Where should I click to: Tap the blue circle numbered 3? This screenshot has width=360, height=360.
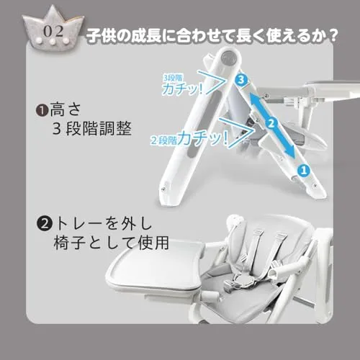pos(241,79)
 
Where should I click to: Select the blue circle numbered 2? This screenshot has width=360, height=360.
pos(271,123)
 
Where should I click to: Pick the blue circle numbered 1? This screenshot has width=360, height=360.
pos(304,170)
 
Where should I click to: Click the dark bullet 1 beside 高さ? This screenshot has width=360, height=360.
pos(42,110)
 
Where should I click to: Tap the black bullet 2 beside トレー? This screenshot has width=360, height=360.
pos(45,224)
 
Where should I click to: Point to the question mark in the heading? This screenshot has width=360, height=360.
pos(332,35)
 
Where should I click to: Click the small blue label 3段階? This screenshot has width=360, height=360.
pos(173,78)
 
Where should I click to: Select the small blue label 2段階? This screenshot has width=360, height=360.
pos(163,140)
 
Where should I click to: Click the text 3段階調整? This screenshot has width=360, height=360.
pos(92,129)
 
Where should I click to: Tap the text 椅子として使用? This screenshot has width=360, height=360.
pos(112,243)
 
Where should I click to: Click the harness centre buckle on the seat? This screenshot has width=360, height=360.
pos(241,281)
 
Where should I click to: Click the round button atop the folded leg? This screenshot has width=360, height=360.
pos(229,58)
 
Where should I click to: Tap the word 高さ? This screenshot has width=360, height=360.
pos(66,110)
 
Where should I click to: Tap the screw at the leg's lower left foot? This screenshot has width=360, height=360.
pos(163,189)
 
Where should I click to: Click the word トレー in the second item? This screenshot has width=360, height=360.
pos(81,224)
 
